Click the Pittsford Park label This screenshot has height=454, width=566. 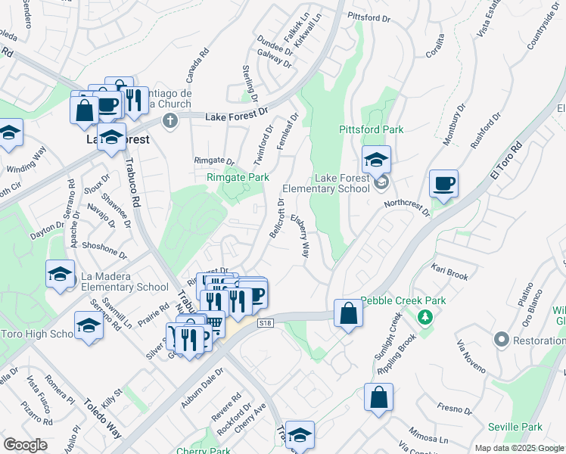click(372, 129)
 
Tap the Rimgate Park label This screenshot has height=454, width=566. click(238, 177)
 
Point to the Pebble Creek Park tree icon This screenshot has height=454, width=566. click(425, 316)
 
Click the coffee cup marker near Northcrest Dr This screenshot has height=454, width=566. click(443, 183)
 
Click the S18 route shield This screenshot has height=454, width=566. click(264, 322)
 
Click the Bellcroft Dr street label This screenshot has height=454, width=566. click(276, 218)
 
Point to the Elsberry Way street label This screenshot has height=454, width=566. click(300, 236)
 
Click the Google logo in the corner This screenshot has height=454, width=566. click(25, 445)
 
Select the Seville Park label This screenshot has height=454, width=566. click(515, 428)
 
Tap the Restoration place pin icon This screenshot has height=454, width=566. click(500, 341)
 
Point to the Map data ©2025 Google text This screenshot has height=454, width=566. click(520, 448)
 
